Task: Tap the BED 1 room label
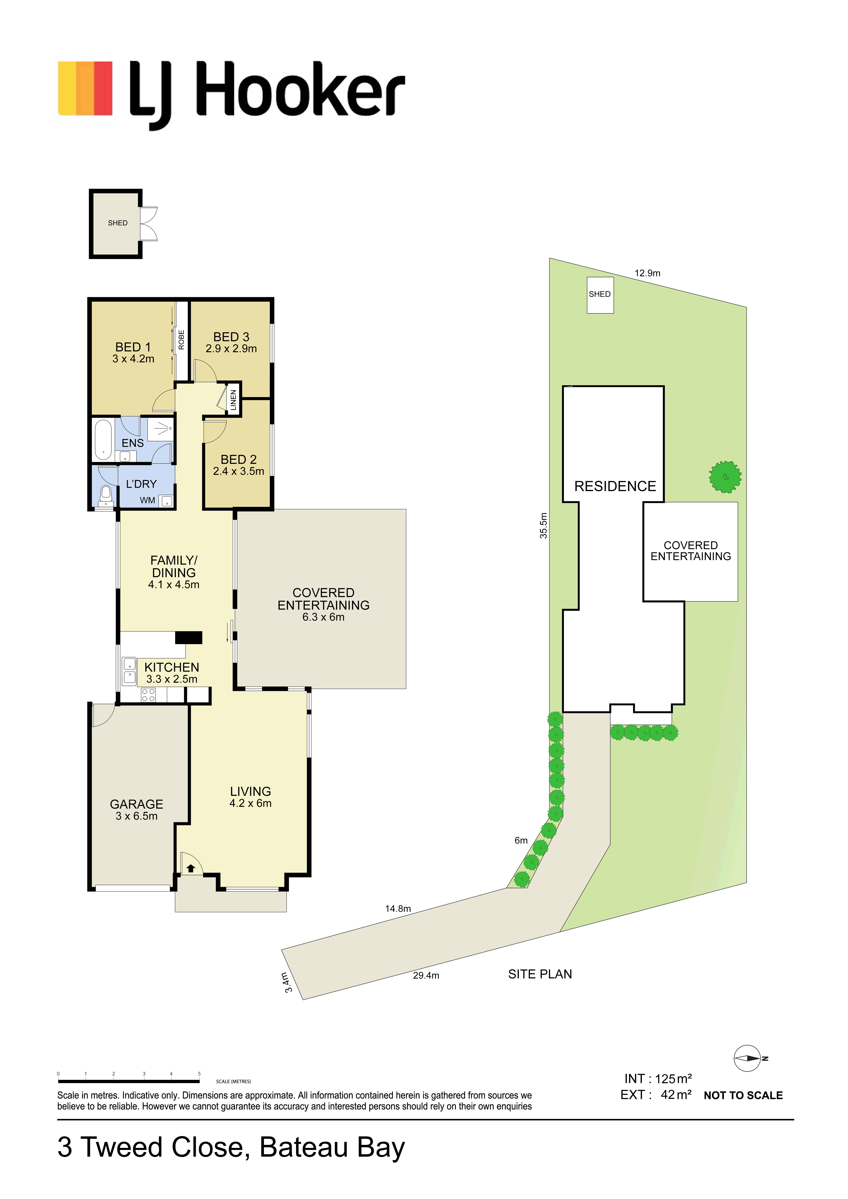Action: pos(133,347)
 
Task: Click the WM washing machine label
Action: pos(147,500)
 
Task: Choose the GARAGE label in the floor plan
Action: pos(136,804)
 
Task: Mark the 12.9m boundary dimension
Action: pos(647,273)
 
